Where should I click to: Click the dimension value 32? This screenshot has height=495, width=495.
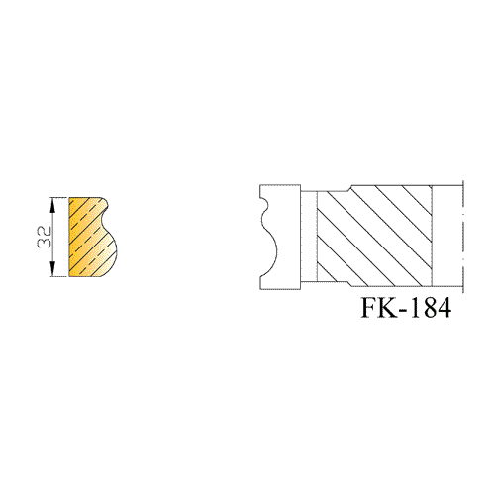[x=45, y=237]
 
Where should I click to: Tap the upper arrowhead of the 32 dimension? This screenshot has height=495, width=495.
[x=52, y=205]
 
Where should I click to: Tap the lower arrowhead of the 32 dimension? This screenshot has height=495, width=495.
[x=52, y=268]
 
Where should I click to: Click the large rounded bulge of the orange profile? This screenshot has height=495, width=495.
[x=111, y=250]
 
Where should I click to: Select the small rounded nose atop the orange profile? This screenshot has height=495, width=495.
[x=105, y=203]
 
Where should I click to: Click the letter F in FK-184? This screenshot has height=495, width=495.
[x=369, y=308]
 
